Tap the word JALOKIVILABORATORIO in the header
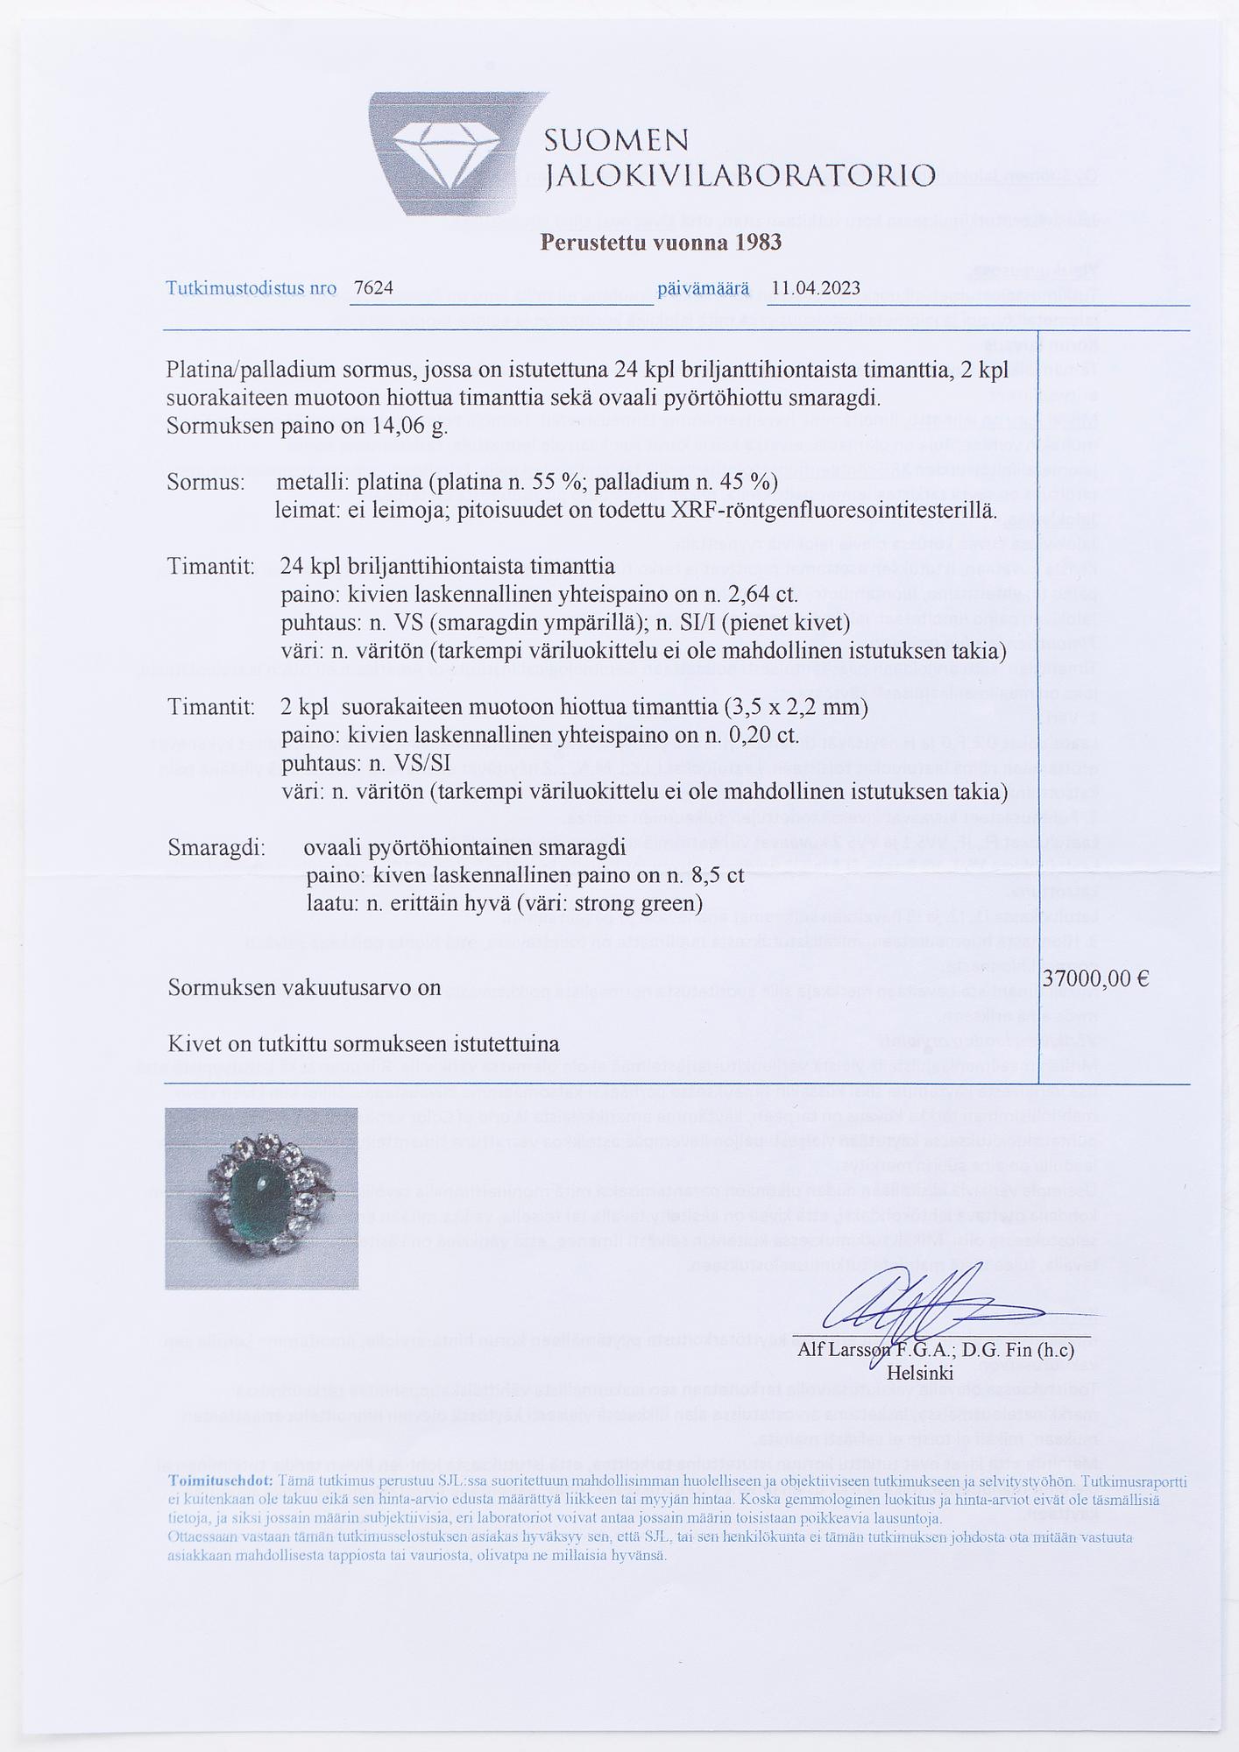tap(740, 176)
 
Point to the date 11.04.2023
tap(816, 288)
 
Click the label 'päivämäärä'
tap(703, 288)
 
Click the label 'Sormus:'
tap(206, 482)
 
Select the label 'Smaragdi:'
tap(216, 848)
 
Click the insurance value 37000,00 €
tap(1096, 978)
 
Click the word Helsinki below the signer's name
tap(919, 1372)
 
